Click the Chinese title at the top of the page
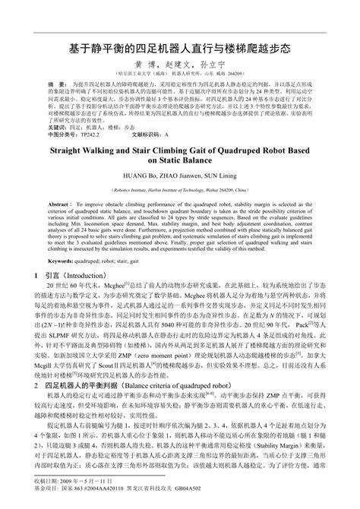point(179,47)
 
